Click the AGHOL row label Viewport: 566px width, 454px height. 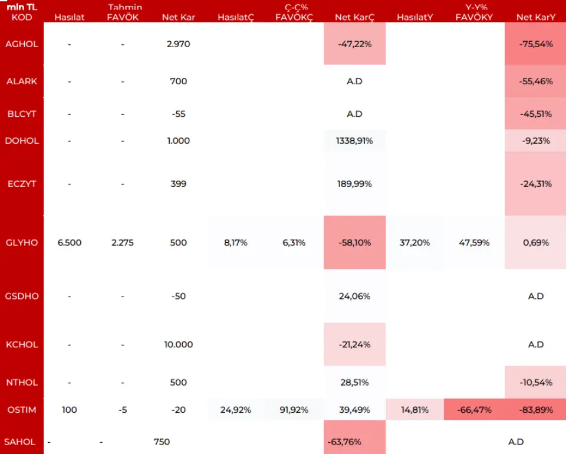[21, 44]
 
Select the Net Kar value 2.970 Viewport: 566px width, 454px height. [178, 44]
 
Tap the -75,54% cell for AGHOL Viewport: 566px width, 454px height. [535, 44]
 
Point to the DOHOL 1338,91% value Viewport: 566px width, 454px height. [354, 141]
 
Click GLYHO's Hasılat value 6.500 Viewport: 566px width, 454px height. [70, 243]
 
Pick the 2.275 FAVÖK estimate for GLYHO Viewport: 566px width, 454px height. [123, 243]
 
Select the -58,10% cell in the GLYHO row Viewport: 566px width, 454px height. [354, 243]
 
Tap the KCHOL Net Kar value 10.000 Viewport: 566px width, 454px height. [178, 345]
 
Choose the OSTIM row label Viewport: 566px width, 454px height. [21, 410]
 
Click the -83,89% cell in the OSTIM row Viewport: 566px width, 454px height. [535, 410]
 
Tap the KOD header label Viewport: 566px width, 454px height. [22, 18]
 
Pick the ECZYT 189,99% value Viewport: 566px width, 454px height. [354, 184]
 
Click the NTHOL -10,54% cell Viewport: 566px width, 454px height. [535, 383]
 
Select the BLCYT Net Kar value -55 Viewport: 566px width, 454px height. [178, 114]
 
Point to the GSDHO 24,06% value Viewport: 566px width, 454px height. [354, 297]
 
